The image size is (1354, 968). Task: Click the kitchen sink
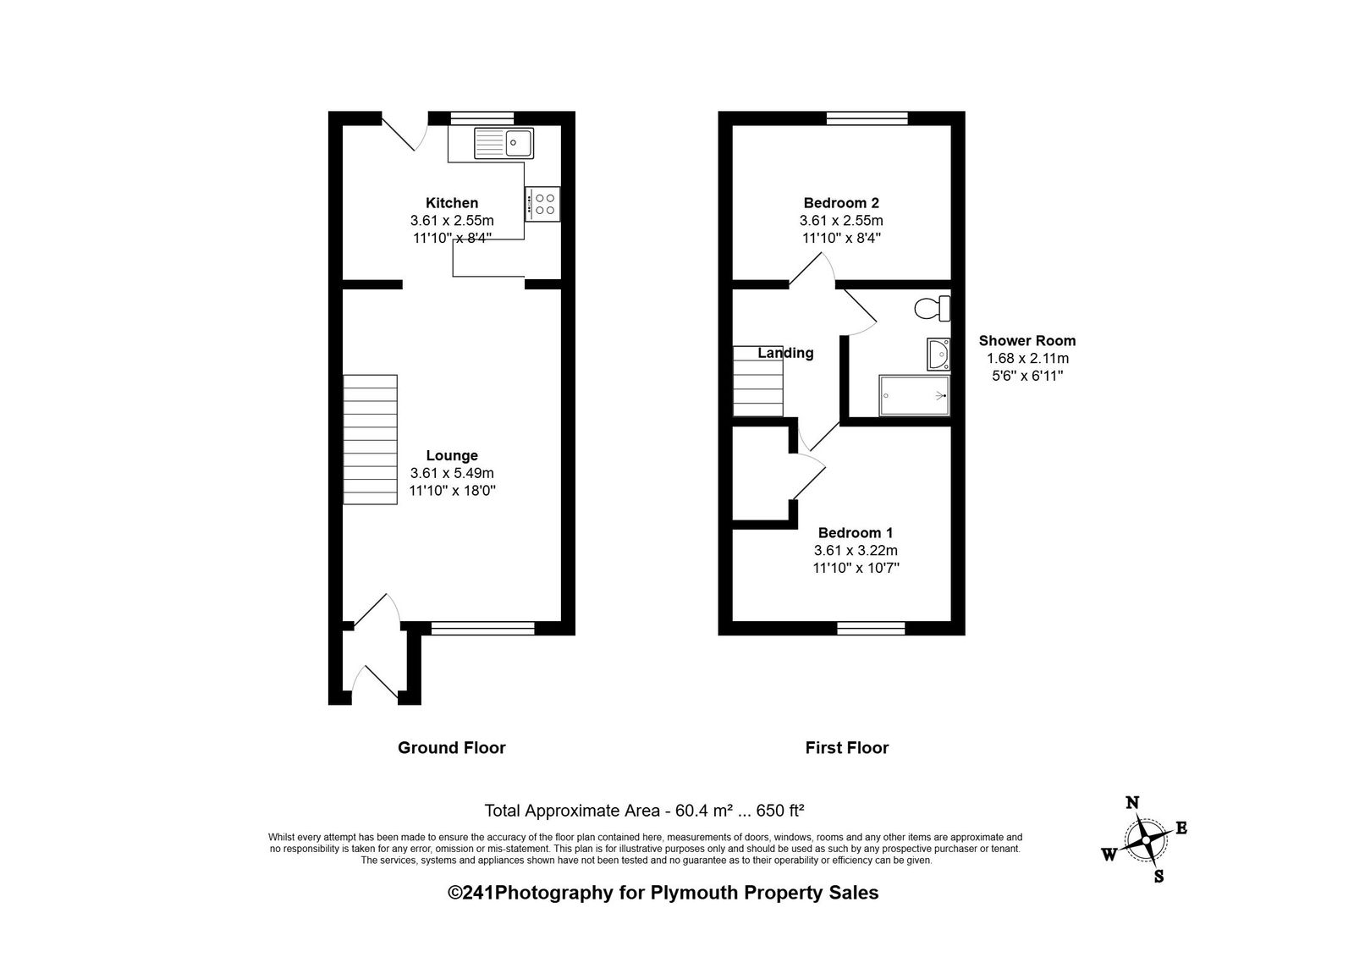(504, 143)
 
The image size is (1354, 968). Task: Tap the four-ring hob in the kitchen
(542, 204)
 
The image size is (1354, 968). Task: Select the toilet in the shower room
(932, 309)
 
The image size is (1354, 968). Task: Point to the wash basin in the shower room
(938, 354)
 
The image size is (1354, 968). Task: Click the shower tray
(915, 396)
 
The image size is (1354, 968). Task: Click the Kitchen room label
(452, 203)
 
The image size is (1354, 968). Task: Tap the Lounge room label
(452, 455)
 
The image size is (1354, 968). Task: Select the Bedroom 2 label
(841, 203)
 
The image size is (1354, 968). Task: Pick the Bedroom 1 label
(856, 533)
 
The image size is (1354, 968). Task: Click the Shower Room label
(1027, 341)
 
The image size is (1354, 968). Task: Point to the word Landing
(786, 353)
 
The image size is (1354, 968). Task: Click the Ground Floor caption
(452, 748)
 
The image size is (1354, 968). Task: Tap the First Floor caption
(847, 748)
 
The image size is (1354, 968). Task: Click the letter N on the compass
(1132, 802)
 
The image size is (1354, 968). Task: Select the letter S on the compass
(1159, 876)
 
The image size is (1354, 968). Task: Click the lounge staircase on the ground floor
(371, 439)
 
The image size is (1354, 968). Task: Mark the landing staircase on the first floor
(758, 382)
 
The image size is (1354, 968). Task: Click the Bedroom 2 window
(867, 118)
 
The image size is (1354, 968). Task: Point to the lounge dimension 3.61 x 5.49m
(452, 473)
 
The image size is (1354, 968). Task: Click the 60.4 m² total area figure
(703, 811)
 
